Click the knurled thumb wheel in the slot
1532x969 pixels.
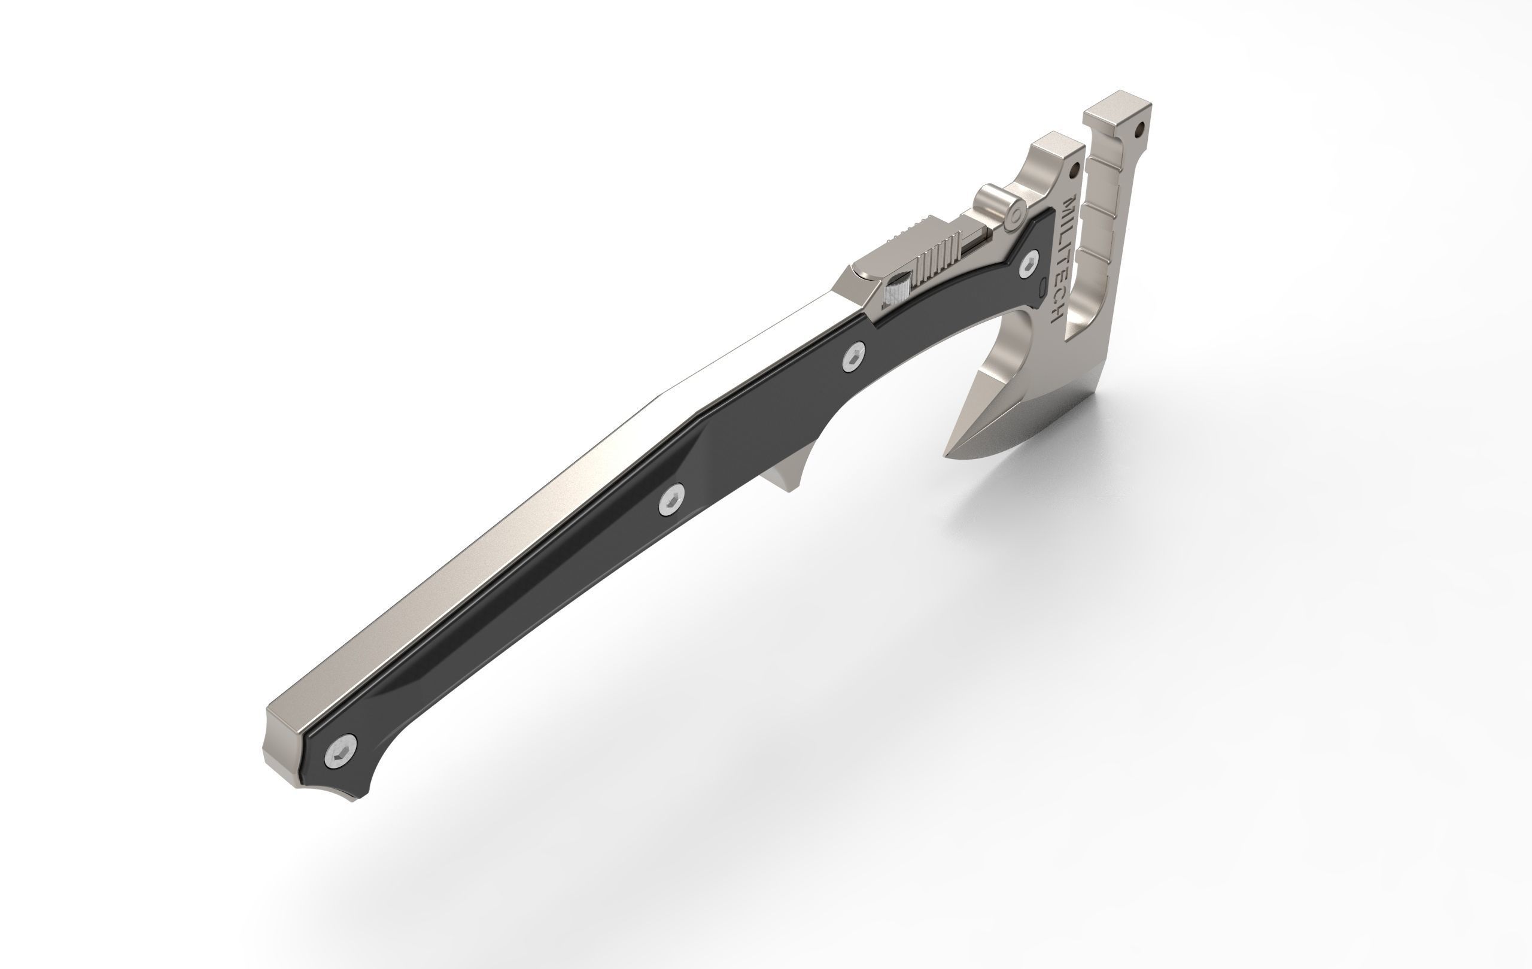(897, 290)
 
